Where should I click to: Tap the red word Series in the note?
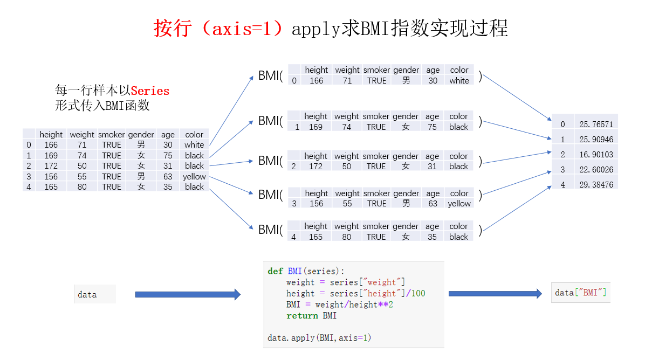click(x=150, y=91)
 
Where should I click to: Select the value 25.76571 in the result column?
click(x=596, y=124)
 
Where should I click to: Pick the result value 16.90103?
click(x=596, y=155)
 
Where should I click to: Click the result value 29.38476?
click(x=596, y=185)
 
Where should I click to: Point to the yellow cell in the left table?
click(x=194, y=177)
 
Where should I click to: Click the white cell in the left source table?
click(x=194, y=145)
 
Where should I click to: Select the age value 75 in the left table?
click(x=168, y=156)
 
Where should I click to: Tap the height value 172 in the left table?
click(x=51, y=166)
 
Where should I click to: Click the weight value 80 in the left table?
click(x=82, y=187)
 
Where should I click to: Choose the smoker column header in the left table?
click(x=111, y=135)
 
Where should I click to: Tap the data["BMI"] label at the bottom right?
click(x=580, y=293)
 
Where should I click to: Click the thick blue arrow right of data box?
click(x=187, y=294)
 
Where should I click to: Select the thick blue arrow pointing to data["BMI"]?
click(x=495, y=294)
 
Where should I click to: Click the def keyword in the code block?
click(x=275, y=271)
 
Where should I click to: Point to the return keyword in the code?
click(x=302, y=316)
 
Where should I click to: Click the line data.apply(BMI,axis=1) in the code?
click(x=319, y=338)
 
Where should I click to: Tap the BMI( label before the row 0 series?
click(x=270, y=76)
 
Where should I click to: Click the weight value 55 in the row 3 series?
click(x=347, y=204)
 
